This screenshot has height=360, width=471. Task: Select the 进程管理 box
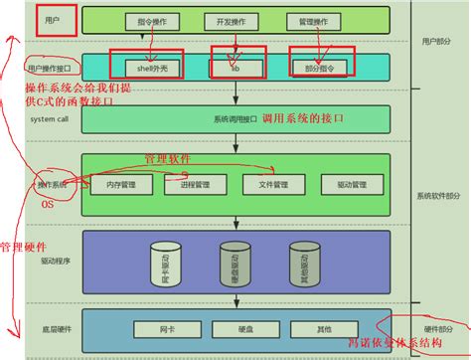tap(196, 185)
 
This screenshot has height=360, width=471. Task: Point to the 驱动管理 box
tap(352, 185)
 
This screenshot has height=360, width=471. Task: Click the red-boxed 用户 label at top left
tap(55, 20)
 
